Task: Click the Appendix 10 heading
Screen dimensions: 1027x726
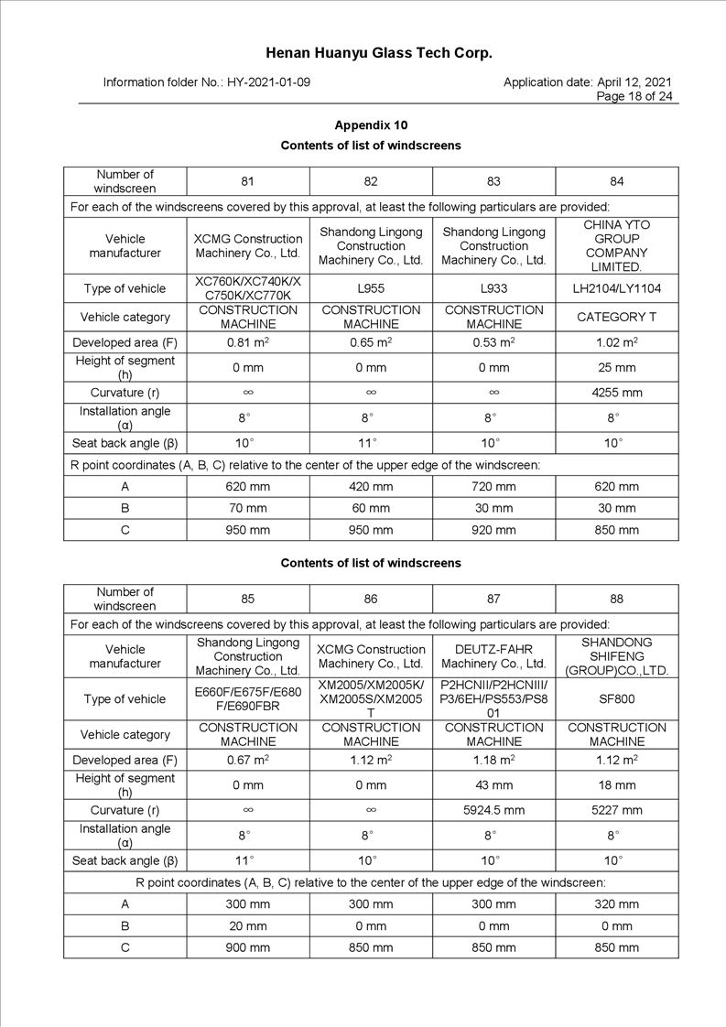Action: coord(371,125)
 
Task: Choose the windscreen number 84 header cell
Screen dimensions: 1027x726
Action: coord(616,181)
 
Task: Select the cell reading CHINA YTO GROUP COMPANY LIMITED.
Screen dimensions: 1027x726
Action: coord(616,246)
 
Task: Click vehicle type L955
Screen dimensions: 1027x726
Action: coord(371,288)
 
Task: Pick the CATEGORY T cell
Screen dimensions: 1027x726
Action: coord(616,317)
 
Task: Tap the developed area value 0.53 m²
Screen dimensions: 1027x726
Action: coord(493,342)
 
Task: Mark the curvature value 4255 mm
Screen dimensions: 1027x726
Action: coord(616,393)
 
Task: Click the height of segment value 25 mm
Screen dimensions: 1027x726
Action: coord(616,368)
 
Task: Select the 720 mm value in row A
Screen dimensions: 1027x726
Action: coord(493,487)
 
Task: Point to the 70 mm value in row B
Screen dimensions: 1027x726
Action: coord(248,508)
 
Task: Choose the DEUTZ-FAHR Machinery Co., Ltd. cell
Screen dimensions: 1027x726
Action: coord(493,656)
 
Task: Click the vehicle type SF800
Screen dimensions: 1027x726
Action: coord(616,699)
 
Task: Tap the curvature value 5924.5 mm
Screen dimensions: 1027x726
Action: coord(493,810)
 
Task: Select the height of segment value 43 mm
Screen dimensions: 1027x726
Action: coord(493,785)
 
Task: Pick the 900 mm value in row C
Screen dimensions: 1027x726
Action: coord(248,947)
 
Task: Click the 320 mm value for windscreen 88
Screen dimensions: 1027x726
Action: coord(616,903)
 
